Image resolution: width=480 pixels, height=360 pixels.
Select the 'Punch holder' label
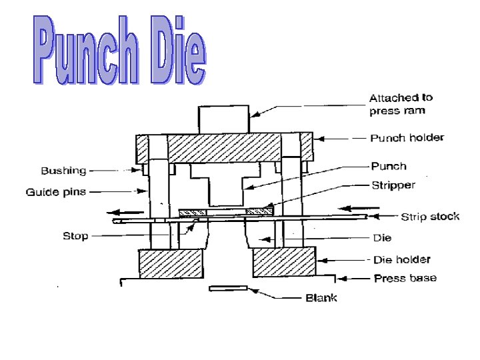point(407,138)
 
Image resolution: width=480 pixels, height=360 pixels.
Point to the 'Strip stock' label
point(429,217)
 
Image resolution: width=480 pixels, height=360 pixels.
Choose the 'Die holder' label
point(401,259)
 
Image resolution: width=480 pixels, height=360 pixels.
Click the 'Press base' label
point(405,277)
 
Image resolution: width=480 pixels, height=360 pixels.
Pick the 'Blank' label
point(321,297)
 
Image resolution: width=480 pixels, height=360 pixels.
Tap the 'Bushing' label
point(64,171)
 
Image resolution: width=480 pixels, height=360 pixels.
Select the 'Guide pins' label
point(56,193)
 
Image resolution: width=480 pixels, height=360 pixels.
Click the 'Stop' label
point(75,236)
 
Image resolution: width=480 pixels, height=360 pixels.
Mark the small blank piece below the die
point(228,288)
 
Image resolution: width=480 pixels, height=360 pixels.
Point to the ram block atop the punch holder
point(223,119)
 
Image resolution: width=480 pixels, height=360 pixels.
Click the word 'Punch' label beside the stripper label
point(389,166)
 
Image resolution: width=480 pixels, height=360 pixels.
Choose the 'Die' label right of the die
point(382,237)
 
